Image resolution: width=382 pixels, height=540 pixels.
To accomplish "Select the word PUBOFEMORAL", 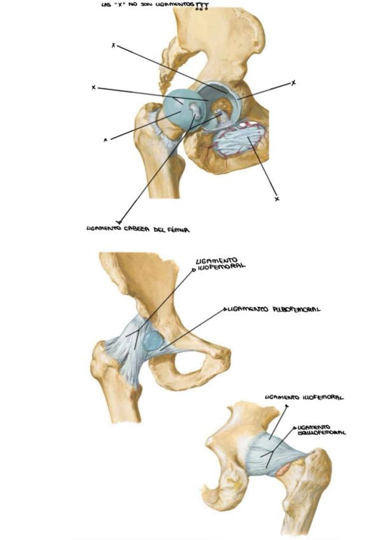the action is point(293,309).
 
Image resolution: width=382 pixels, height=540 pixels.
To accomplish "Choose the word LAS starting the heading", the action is point(106,6).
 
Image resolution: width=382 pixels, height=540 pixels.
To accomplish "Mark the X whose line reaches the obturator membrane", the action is point(276,199).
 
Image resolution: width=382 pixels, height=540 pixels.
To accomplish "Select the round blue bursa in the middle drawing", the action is point(153,341).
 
